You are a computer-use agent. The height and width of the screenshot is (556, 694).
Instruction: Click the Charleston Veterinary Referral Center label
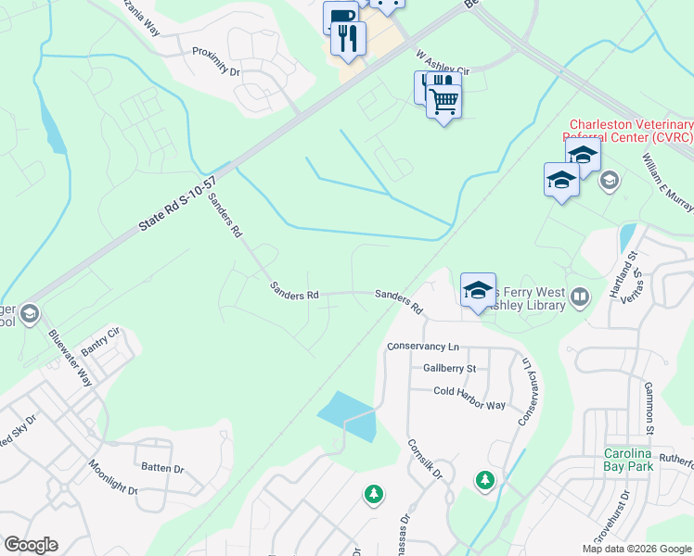tap(631, 131)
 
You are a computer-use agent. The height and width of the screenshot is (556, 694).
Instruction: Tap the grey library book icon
tap(580, 297)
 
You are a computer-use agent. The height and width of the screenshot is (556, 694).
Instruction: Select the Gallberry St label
tap(449, 368)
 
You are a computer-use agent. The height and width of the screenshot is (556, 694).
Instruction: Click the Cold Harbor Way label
tap(469, 392)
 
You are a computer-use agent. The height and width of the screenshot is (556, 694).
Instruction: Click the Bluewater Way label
tap(71, 358)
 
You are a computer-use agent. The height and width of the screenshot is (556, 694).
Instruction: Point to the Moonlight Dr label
tap(112, 476)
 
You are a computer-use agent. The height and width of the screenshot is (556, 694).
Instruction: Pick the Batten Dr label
tap(159, 469)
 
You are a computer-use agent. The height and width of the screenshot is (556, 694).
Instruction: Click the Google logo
tap(31, 545)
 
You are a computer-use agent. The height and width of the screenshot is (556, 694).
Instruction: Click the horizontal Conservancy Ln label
tap(423, 347)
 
